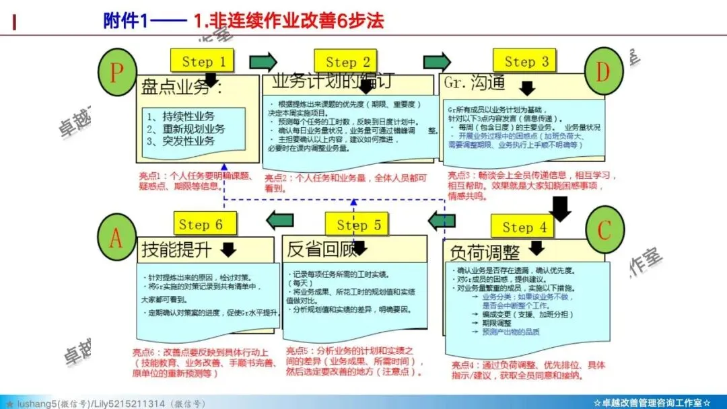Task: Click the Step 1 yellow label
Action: (203, 62)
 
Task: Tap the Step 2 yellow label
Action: (347, 62)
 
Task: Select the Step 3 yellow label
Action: (526, 62)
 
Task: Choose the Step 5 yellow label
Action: (359, 225)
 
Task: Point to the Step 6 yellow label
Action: (200, 224)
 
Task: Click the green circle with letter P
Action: (117, 71)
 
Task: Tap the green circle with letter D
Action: (603, 71)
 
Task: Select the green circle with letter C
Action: (604, 230)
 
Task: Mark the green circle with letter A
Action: (116, 237)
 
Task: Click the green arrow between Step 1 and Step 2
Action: (263, 62)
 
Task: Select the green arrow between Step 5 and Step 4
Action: (442, 220)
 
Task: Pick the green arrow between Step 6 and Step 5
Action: (279, 219)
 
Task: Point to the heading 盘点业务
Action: (176, 87)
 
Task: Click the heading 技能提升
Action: (176, 251)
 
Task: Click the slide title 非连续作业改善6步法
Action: (287, 21)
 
